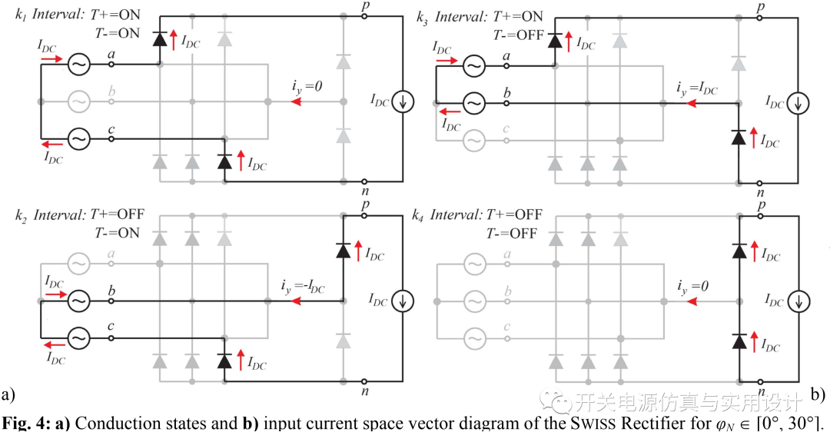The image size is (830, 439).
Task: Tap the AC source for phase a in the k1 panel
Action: click(78, 65)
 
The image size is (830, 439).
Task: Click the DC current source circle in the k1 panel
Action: click(400, 101)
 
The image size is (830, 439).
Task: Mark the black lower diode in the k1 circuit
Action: click(224, 161)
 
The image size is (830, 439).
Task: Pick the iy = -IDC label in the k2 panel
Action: click(303, 288)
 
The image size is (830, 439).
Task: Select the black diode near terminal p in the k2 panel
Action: click(344, 249)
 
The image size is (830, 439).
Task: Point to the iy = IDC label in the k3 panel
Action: click(696, 89)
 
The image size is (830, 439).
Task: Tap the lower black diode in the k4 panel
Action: click(739, 338)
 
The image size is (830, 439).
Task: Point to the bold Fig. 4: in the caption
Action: click(23, 423)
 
